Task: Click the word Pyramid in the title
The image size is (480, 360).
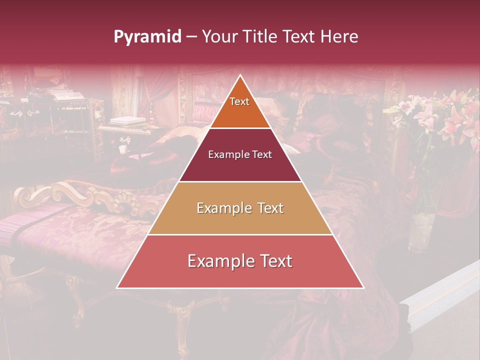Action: coord(147,37)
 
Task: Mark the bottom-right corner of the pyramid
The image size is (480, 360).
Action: coord(363,287)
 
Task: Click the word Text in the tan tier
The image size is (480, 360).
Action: coord(267,208)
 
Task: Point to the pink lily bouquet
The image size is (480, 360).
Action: coord(440,117)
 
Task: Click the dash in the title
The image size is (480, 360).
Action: coord(191,37)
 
